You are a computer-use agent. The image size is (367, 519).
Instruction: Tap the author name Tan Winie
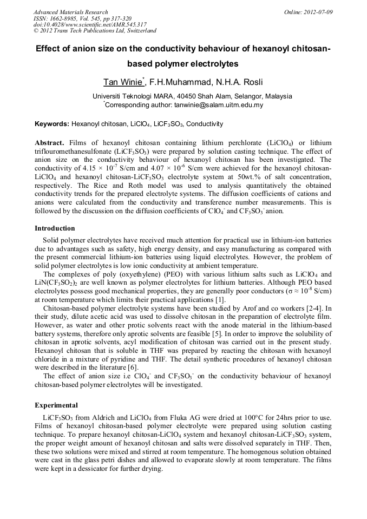pos(123,82)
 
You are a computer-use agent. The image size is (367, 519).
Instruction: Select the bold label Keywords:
pos(52,124)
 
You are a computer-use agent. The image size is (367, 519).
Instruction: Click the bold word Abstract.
pos(49,143)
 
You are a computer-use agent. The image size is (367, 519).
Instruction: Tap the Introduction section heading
pos(55,228)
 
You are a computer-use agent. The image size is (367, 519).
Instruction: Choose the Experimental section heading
pos(56,405)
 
